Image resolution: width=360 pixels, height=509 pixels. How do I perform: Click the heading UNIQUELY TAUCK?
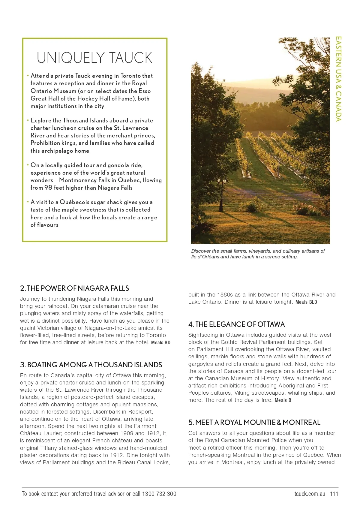pyautogui.click(x=94, y=58)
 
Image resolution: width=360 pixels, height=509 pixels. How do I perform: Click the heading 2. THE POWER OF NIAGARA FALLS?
pyautogui.click(x=74, y=288)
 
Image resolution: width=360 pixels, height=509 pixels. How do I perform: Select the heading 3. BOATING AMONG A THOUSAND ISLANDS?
pyautogui.click(x=91, y=365)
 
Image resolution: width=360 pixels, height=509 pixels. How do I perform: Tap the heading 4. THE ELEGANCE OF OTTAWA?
pyautogui.click(x=236, y=324)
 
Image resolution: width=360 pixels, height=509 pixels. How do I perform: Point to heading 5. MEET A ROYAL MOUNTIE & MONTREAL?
pyautogui.click(x=254, y=423)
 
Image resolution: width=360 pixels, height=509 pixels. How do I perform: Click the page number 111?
pyautogui.click(x=334, y=494)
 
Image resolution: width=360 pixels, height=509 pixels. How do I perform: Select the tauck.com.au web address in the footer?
pyautogui.click(x=310, y=494)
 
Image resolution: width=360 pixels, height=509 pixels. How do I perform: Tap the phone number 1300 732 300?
pyautogui.click(x=159, y=494)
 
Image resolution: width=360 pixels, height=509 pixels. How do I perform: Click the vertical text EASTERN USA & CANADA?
pyautogui.click(x=338, y=79)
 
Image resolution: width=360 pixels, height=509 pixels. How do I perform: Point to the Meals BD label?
pyautogui.click(x=161, y=343)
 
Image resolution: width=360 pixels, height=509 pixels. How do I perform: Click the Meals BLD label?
pyautogui.click(x=306, y=302)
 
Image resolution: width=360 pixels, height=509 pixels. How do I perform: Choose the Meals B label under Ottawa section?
pyautogui.click(x=283, y=400)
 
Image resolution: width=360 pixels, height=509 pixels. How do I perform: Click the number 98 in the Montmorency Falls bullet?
pyautogui.click(x=48, y=188)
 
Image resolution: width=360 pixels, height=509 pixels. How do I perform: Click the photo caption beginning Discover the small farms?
pyautogui.click(x=258, y=254)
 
